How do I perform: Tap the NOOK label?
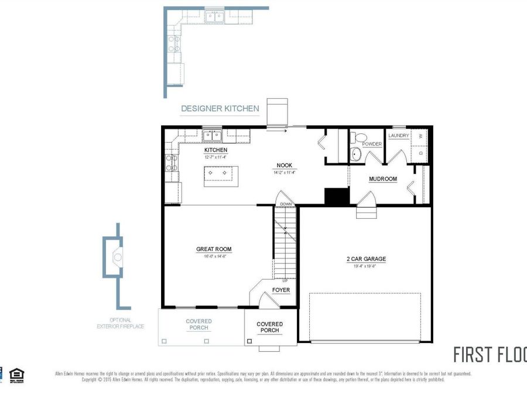click(x=285, y=166)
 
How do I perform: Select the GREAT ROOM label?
click(x=214, y=249)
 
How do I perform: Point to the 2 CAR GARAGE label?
click(x=365, y=259)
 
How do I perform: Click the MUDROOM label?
click(x=383, y=179)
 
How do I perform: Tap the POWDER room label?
click(x=372, y=144)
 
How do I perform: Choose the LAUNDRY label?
click(x=398, y=136)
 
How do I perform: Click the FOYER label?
click(x=281, y=290)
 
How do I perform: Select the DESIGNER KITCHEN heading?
click(x=220, y=108)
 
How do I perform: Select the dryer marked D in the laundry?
click(x=419, y=153)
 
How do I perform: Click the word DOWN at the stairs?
click(x=286, y=204)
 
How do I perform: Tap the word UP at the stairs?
click(x=285, y=280)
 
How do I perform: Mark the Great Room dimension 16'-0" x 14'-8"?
click(x=214, y=256)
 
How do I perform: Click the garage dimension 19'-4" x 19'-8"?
click(x=365, y=266)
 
